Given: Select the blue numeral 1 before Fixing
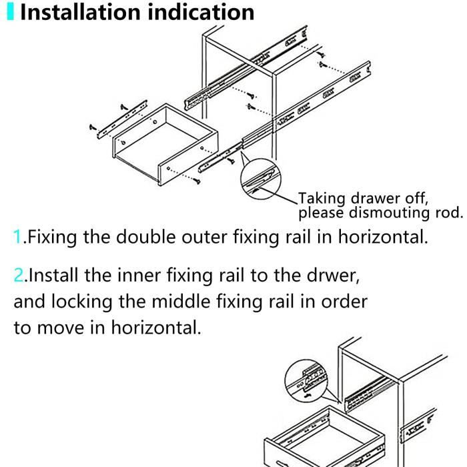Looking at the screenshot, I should [17, 237].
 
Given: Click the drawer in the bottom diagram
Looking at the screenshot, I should [320, 437].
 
